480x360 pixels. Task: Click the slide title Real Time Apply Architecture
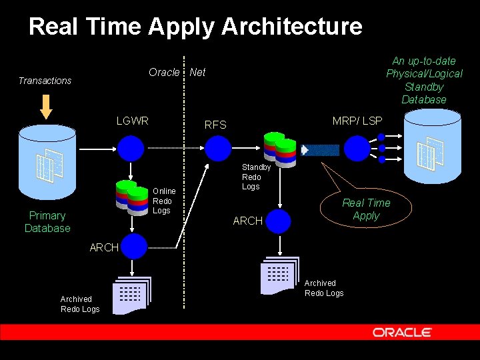(195, 27)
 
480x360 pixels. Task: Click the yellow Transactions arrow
(45, 106)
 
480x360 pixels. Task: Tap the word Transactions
(45, 81)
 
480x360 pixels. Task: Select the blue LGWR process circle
(131, 147)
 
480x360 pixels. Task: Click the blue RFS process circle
(218, 147)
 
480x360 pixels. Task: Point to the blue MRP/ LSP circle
(357, 147)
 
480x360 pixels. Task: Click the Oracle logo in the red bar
(402, 332)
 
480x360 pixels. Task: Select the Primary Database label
(47, 222)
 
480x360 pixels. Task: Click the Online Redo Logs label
(164, 201)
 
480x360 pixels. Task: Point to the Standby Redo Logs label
(255, 177)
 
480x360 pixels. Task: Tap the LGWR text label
(132, 121)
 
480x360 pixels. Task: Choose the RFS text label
(215, 125)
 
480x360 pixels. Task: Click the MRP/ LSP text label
(357, 121)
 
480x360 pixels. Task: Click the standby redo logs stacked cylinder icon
(279, 147)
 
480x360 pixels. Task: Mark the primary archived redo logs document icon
(131, 294)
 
